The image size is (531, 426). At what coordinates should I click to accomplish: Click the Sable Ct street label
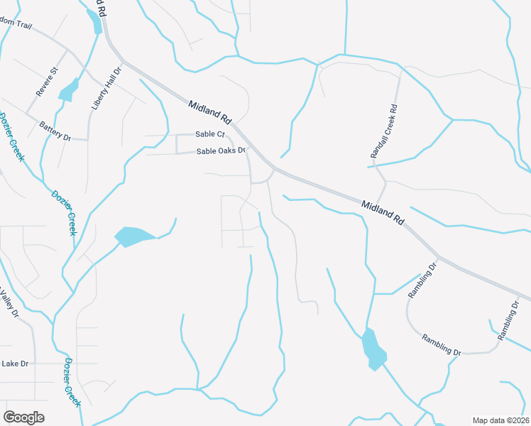pyautogui.click(x=210, y=134)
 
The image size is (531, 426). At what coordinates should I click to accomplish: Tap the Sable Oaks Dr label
pyautogui.click(x=221, y=151)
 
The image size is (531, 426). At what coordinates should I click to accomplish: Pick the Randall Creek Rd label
pyautogui.click(x=384, y=131)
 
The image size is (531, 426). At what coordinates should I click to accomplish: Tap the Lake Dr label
pyautogui.click(x=14, y=364)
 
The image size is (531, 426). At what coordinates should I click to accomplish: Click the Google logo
pyautogui.click(x=23, y=417)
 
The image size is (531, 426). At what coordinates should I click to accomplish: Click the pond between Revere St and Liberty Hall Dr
pyautogui.click(x=69, y=90)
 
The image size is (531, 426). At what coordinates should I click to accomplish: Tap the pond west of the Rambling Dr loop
pyautogui.click(x=373, y=349)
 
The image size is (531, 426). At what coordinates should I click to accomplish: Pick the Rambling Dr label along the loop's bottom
pyautogui.click(x=441, y=344)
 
